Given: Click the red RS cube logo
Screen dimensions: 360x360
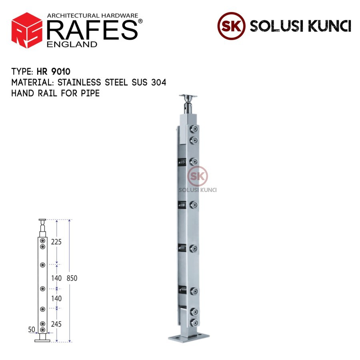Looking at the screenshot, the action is [x=27, y=30].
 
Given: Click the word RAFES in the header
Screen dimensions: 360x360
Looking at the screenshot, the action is [x=92, y=30].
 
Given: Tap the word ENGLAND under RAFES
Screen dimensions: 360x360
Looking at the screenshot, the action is [x=72, y=44].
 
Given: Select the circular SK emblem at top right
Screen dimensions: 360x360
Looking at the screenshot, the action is [x=231, y=26].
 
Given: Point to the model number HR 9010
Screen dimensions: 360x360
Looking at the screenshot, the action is [x=54, y=72].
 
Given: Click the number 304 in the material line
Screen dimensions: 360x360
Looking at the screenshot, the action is [x=159, y=82].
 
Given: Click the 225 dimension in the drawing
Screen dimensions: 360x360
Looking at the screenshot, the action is [x=56, y=242].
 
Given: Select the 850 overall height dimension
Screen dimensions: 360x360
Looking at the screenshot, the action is [x=72, y=278].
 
